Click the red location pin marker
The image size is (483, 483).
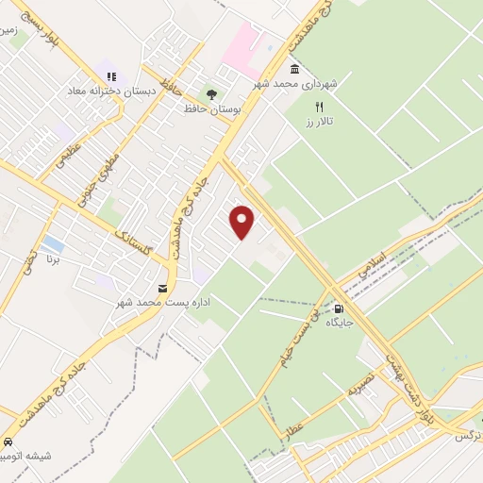click(242, 222)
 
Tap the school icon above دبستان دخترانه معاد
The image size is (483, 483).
click(111, 77)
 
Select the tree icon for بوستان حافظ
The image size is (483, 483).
click(211, 94)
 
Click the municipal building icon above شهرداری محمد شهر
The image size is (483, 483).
click(295, 70)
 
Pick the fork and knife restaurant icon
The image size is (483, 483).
click(319, 107)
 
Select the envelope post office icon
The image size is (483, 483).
click(164, 288)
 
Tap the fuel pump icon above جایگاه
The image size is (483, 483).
click(339, 308)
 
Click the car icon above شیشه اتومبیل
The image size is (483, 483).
click(8, 442)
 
